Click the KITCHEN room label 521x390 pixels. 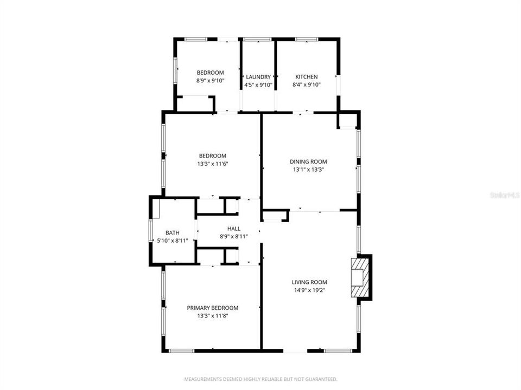(306, 77)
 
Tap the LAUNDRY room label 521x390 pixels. (258, 77)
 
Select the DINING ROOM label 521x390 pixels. (308, 161)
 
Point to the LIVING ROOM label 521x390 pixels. (309, 282)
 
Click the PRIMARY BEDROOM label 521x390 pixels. (213, 308)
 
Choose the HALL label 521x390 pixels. (234, 229)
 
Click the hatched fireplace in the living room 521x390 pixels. (361, 277)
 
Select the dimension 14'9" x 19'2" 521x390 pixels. (309, 290)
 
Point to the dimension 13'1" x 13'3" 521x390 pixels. (308, 169)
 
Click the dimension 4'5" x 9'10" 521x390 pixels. (258, 84)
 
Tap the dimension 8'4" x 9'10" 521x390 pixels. (306, 84)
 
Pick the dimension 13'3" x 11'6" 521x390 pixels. (212, 164)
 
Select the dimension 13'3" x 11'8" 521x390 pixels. (213, 316)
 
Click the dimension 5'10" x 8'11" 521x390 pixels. (173, 240)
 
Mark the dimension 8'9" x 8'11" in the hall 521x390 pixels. (234, 236)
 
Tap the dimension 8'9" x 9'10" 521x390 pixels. (210, 81)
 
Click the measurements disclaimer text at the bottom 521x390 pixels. (260, 379)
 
